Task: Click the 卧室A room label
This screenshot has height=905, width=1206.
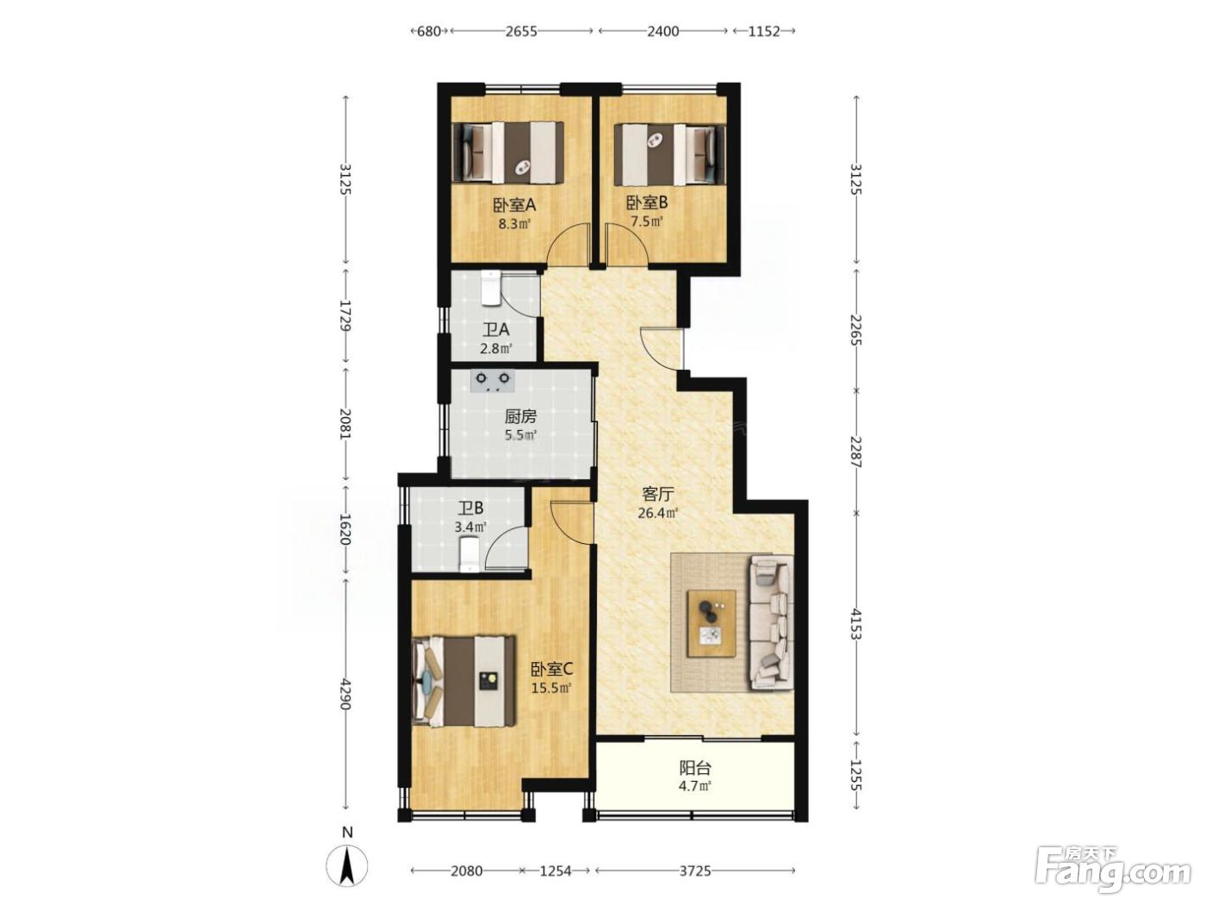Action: pyautogui.click(x=513, y=205)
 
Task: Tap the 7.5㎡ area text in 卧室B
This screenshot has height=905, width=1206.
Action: pyautogui.click(x=646, y=222)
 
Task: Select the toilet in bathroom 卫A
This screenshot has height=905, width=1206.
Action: pyautogui.click(x=489, y=287)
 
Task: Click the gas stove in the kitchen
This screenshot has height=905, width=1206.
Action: pyautogui.click(x=492, y=380)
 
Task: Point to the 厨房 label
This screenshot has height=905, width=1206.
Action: pyautogui.click(x=520, y=416)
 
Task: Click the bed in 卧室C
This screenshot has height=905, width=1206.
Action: pyautogui.click(x=463, y=682)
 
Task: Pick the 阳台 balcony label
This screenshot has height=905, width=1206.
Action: pyautogui.click(x=695, y=767)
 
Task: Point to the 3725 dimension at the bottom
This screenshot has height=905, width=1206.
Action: pyautogui.click(x=695, y=871)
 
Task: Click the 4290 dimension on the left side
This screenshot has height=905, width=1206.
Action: pyautogui.click(x=345, y=694)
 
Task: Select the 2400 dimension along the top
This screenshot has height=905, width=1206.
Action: pyautogui.click(x=662, y=31)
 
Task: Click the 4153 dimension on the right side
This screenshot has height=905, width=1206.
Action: pyautogui.click(x=856, y=624)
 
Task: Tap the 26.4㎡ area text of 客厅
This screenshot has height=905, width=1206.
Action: pyautogui.click(x=657, y=514)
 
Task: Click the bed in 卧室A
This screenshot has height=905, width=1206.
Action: pyautogui.click(x=507, y=152)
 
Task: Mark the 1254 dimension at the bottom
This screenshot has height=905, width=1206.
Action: pyautogui.click(x=556, y=871)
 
